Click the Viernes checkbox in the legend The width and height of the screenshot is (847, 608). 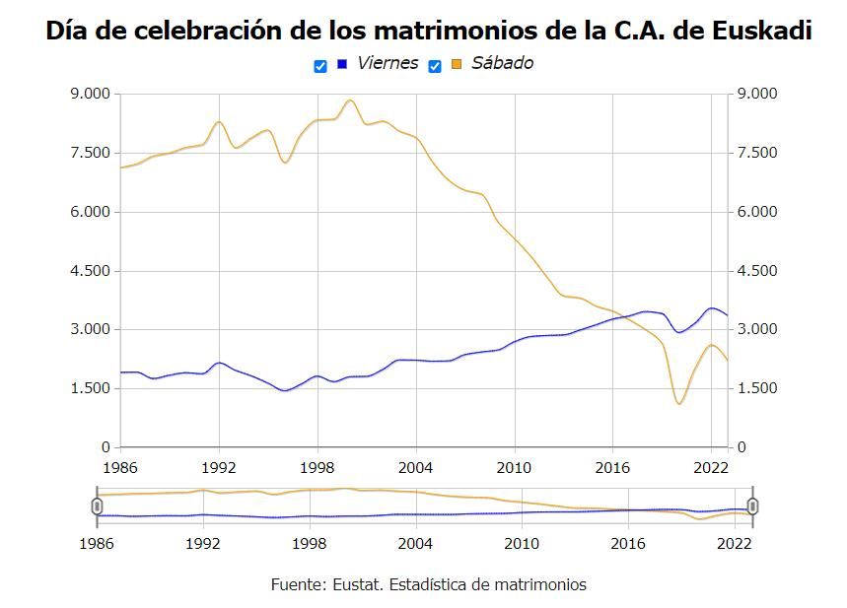(x=320, y=66)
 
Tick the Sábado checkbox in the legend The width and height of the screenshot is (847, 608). (x=435, y=66)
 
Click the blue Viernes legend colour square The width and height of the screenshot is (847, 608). (x=342, y=64)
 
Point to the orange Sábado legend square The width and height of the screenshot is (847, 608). (x=457, y=64)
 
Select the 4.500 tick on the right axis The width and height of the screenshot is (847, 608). (x=757, y=271)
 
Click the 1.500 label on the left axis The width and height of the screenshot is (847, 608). (x=91, y=388)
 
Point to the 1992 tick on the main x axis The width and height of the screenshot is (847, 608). (x=219, y=466)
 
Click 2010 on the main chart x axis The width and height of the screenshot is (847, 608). (x=514, y=466)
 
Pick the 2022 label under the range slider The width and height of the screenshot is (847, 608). (x=735, y=543)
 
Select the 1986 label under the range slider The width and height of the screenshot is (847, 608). (x=97, y=543)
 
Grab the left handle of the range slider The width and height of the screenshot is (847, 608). (x=97, y=506)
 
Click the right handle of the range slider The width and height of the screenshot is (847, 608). (x=753, y=506)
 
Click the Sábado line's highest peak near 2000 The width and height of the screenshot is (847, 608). (x=350, y=100)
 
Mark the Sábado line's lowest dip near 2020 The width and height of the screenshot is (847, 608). (x=678, y=404)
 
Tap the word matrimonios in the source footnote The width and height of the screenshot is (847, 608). (x=540, y=584)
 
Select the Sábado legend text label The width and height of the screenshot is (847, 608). (x=502, y=63)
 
